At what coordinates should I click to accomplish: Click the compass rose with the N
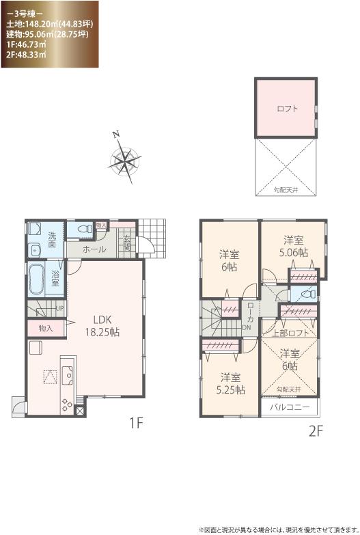click(125, 161)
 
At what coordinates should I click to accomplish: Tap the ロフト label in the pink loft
click(287, 108)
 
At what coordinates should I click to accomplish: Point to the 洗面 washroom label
click(53, 239)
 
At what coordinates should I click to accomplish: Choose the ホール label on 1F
click(94, 250)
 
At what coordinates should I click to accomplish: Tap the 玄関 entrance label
click(128, 243)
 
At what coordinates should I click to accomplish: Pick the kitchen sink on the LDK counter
click(68, 375)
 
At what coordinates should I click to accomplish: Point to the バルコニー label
click(289, 407)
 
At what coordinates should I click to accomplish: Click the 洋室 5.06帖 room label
click(294, 246)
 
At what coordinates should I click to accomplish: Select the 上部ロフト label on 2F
click(290, 333)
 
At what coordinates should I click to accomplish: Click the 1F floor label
click(135, 424)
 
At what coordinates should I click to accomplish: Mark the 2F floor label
click(314, 431)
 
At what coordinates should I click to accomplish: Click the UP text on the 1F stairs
click(61, 309)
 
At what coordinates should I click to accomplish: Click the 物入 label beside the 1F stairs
click(46, 329)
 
